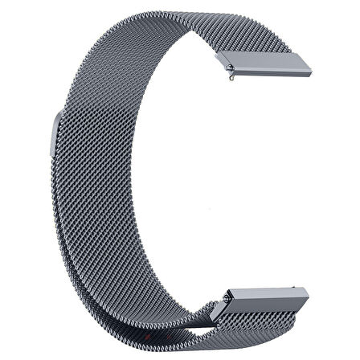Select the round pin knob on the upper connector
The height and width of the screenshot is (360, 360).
[x=231, y=79]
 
